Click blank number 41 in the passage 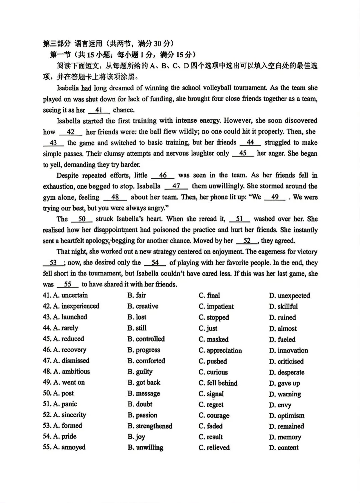99,110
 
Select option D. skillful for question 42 283,306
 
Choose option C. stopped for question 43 214,317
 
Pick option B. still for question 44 137,328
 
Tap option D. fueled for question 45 282,339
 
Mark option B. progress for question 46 144,350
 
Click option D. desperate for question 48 287,372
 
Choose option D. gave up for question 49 284,383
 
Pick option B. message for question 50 144,394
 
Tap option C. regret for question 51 211,405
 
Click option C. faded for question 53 211,426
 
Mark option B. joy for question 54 136,437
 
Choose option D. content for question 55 284,448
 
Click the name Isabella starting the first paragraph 68,88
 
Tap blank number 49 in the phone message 275,197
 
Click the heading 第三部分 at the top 57,43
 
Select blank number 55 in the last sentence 68,285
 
